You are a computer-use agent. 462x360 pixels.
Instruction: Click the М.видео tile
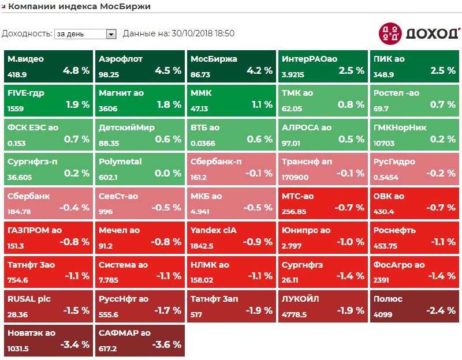pyautogui.click(x=49, y=66)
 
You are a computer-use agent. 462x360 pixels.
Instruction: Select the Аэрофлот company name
pyautogui.click(x=121, y=59)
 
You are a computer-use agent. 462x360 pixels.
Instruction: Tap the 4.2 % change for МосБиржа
pyautogui.click(x=259, y=71)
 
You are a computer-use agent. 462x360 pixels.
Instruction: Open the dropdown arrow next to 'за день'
pyautogui.click(x=112, y=34)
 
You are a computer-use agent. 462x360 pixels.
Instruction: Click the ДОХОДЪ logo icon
pyautogui.click(x=389, y=33)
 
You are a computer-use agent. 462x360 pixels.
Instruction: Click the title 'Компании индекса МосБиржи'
pyautogui.click(x=80, y=7)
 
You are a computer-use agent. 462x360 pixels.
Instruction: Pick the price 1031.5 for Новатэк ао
pyautogui.click(x=18, y=348)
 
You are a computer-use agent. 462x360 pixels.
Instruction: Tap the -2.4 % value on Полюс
pyautogui.click(x=442, y=310)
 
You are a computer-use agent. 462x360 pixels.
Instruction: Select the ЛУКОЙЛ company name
pyautogui.click(x=300, y=299)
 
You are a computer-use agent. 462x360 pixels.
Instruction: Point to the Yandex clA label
pyautogui.click(x=214, y=230)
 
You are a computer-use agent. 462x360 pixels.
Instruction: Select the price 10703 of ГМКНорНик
pyautogui.click(x=384, y=143)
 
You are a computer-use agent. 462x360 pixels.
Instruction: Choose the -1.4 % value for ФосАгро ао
pyautogui.click(x=442, y=276)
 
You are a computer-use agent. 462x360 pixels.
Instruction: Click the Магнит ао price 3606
pyautogui.click(x=109, y=108)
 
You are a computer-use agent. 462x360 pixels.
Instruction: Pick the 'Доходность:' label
pyautogui.click(x=27, y=34)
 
